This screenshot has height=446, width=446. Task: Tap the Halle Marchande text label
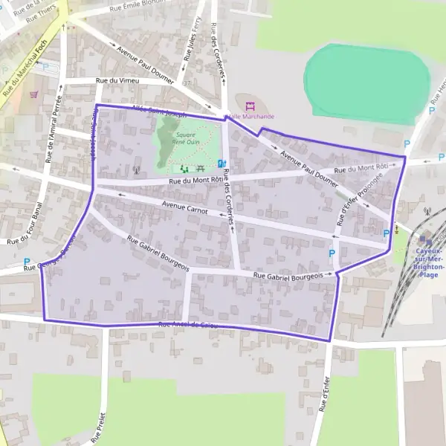coord(251,117)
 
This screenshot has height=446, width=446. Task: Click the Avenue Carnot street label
coord(183,204)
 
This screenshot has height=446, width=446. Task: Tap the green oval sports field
coord(367,82)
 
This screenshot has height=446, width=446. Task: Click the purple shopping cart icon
coord(34,95)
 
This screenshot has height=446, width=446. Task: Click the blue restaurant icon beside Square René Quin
coord(222,164)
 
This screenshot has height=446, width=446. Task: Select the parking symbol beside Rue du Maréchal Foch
coord(46,66)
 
